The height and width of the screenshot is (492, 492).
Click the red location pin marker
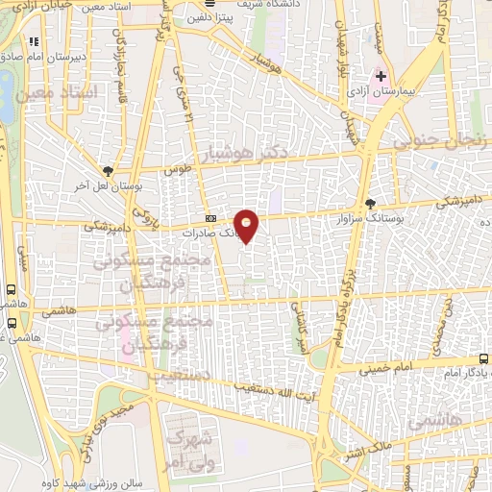pos(247,225)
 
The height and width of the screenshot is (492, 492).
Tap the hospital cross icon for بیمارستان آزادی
pos(381,75)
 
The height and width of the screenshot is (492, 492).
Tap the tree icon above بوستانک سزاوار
pos(372,203)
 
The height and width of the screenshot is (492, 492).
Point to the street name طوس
pos(179,169)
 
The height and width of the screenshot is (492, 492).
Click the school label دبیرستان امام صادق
pos(56,56)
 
